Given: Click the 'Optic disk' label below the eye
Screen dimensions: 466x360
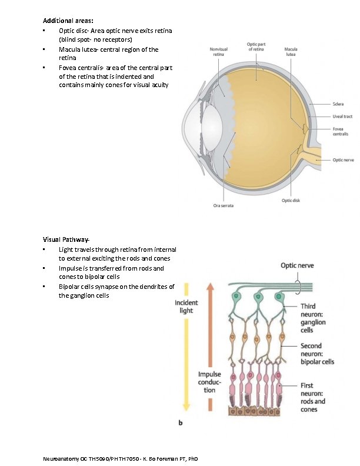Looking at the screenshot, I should click(x=291, y=200).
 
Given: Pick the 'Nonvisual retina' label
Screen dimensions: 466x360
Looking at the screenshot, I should click(x=219, y=51).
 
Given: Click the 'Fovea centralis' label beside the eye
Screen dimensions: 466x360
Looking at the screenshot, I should click(x=340, y=131).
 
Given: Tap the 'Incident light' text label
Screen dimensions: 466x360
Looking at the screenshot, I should click(x=187, y=307).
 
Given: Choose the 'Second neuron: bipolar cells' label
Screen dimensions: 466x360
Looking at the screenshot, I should click(x=317, y=354).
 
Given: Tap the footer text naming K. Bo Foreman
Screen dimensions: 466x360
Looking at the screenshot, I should click(x=121, y=458).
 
